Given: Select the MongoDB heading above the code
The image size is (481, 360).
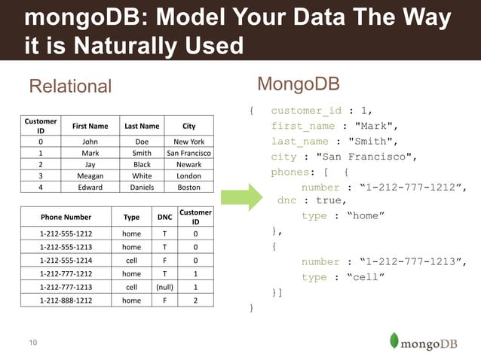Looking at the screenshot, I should [298, 83].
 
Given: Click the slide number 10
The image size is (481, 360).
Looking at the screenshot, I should [32, 343].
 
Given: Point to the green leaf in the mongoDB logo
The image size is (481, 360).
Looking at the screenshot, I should [394, 340].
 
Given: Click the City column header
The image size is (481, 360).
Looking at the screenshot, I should [188, 126].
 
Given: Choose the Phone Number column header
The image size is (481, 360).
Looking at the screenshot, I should [66, 217].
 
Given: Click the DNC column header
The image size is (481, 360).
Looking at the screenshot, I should [164, 217].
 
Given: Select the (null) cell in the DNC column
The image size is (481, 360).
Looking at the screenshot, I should [164, 286].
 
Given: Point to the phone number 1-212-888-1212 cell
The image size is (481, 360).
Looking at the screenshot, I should [66, 300].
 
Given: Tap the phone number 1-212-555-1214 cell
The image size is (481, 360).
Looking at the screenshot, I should [66, 259].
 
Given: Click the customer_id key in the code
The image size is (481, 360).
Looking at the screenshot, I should [305, 111].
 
